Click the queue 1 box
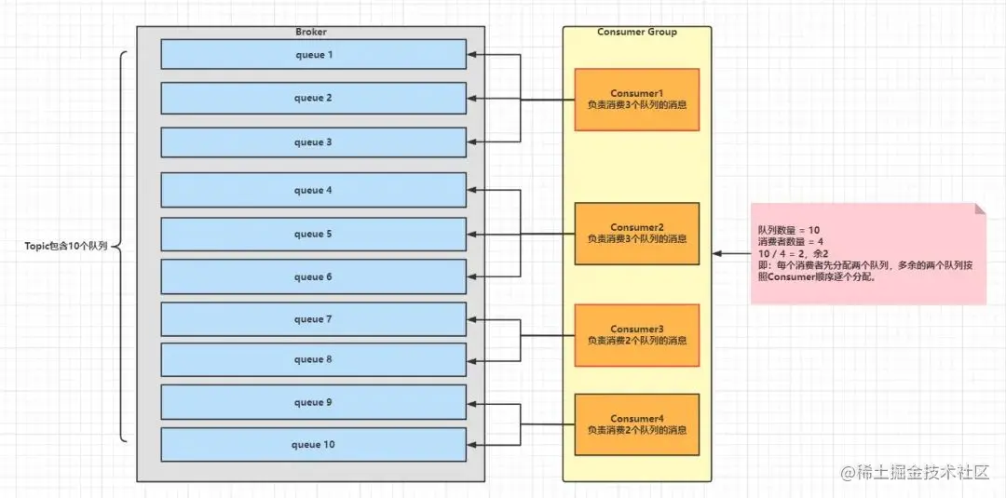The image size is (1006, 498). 313,54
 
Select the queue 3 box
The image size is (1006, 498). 313,142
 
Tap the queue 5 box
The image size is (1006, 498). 313,234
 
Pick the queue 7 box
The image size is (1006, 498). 313,319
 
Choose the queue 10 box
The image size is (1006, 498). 313,444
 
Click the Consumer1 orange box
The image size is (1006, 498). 636,100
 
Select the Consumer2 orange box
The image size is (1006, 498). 636,234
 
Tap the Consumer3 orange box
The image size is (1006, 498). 636,335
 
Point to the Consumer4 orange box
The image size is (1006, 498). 636,424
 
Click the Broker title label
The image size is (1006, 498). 311,32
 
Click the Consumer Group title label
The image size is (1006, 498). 637,32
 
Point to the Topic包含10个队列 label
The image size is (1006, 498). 66,248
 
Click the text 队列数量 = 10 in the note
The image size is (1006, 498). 789,229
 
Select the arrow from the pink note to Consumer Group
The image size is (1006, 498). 732,253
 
